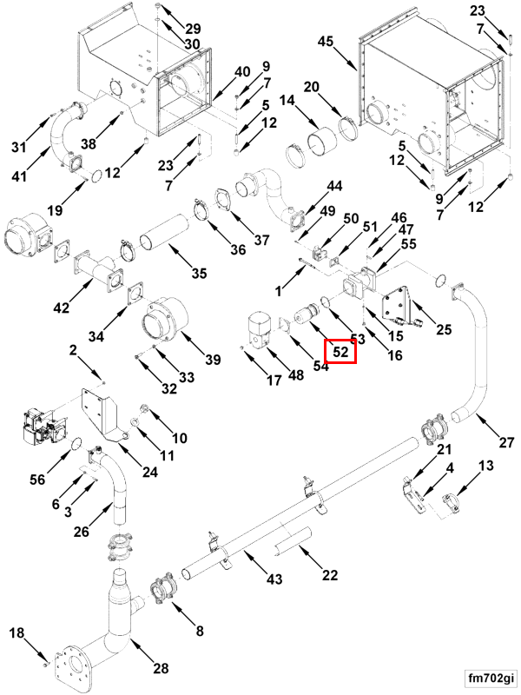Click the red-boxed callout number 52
tap(340, 352)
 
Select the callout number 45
tap(326, 42)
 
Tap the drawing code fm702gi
tap(491, 678)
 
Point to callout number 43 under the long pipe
tap(274, 579)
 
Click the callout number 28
tap(161, 667)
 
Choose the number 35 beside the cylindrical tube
tap(199, 273)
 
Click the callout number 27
tap(506, 442)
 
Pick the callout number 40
tap(242, 71)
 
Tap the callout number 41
tap(18, 176)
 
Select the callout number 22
tap(330, 575)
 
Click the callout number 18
tap(16, 633)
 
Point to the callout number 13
tap(485, 466)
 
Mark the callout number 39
tap(213, 359)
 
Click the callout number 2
tap(73, 350)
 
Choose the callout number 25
tap(444, 329)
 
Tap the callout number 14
tap(287, 101)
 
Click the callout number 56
tap(38, 479)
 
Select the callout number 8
tap(200, 631)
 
